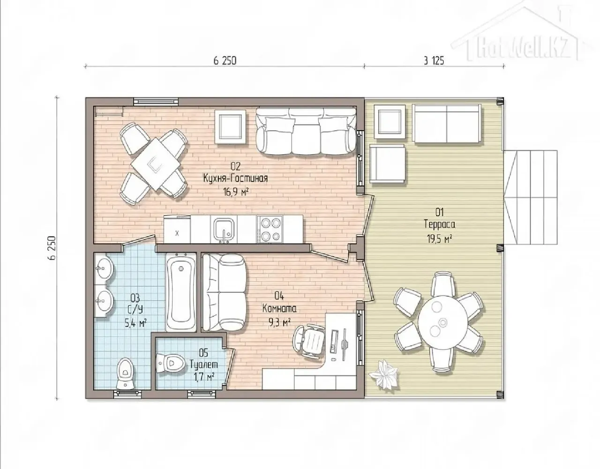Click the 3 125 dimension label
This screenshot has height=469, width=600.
(434, 61)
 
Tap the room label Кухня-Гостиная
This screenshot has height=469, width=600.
(235, 178)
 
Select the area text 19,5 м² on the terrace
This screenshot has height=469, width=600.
(440, 238)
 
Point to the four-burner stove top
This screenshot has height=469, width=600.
(270, 229)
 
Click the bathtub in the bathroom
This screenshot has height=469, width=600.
(181, 292)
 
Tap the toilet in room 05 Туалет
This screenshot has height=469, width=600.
(171, 363)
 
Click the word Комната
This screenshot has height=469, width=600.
(279, 308)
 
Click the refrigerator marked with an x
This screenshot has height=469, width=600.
(177, 229)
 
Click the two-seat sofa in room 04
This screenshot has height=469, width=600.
(225, 292)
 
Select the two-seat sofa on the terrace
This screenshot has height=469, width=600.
(446, 123)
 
